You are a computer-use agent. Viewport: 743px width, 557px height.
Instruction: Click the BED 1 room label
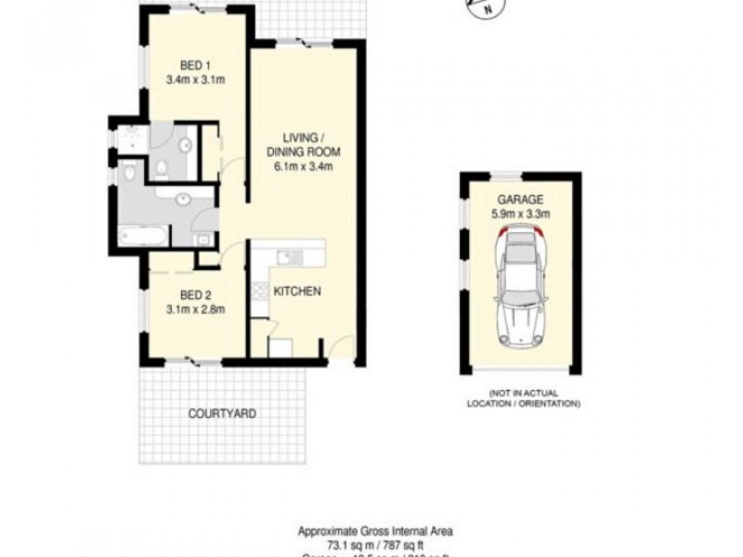pyautogui.click(x=195, y=65)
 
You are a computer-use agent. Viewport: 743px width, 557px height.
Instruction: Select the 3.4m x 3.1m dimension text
pyautogui.click(x=195, y=80)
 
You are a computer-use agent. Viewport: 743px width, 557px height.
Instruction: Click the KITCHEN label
pyautogui.click(x=297, y=291)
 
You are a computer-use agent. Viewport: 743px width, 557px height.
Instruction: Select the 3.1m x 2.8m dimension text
pyautogui.click(x=195, y=309)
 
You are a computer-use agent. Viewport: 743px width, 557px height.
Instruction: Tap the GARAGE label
pyautogui.click(x=520, y=200)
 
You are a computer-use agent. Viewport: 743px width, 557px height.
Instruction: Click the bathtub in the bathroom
pyautogui.click(x=145, y=237)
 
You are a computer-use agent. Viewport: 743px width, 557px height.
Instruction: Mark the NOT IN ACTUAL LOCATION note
pyautogui.click(x=523, y=399)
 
